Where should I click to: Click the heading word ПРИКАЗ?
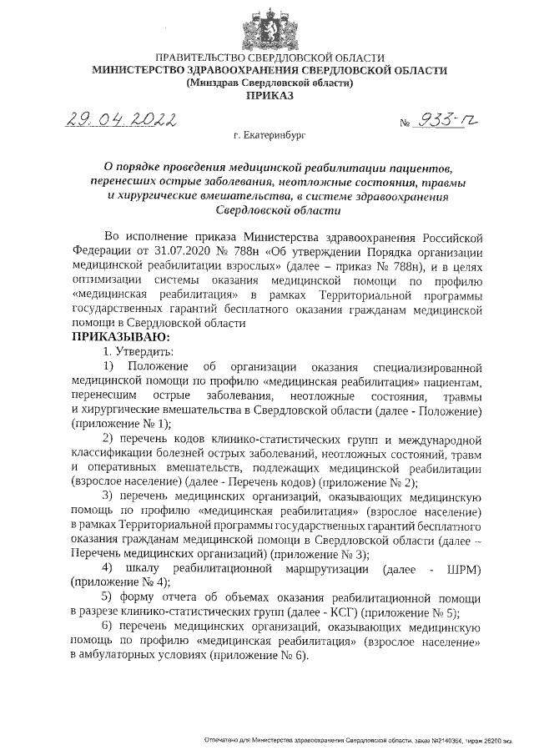[267, 97]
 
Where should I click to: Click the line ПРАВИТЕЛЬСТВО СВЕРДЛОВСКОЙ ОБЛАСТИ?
[267, 58]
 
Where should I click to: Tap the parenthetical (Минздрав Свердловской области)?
[267, 83]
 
